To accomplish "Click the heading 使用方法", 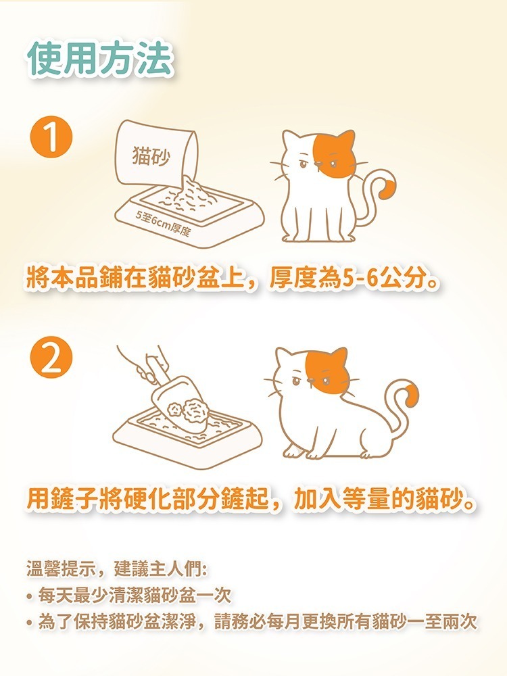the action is pyautogui.click(x=101, y=59).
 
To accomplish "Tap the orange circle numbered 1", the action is pyautogui.click(x=51, y=138).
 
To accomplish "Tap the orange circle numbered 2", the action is pyautogui.click(x=51, y=358).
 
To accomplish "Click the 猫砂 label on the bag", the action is pyautogui.click(x=151, y=155).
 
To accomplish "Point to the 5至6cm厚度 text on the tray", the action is pyautogui.click(x=162, y=224).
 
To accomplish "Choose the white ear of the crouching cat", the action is pyautogui.click(x=285, y=358).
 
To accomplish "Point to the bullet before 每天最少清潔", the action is pyautogui.click(x=30, y=597).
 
